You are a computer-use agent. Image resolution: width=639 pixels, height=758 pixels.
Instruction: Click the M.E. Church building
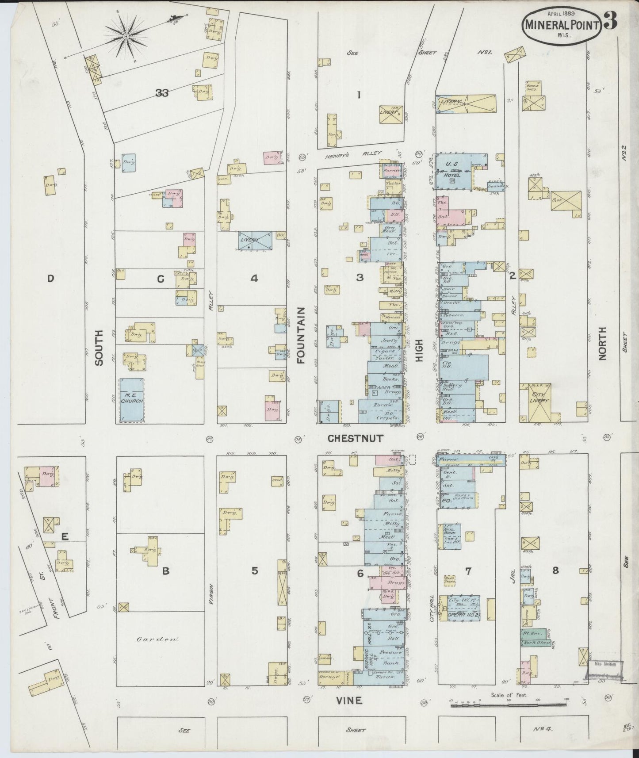pos(132,399)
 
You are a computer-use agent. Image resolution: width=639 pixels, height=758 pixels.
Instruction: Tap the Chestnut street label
pos(356,438)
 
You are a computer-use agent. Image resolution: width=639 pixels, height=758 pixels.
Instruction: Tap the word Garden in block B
pos(151,639)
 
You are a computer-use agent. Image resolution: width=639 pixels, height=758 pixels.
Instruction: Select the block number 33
pos(162,93)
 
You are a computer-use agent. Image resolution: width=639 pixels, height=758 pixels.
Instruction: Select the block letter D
pos(50,278)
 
